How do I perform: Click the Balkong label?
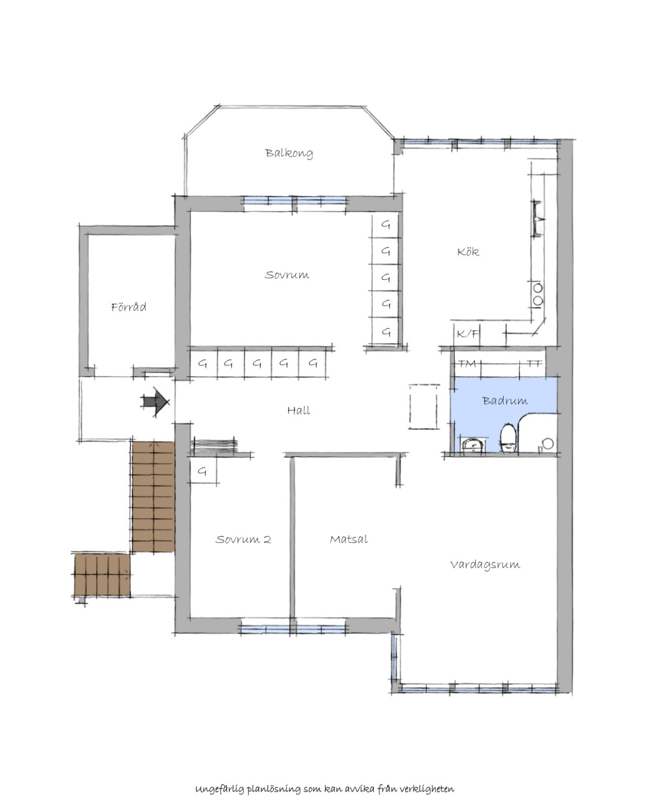pos(289,153)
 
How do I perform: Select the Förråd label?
pos(129,307)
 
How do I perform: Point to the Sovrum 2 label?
pos(243,540)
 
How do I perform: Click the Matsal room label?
pos(348,539)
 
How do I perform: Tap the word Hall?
pos(299,410)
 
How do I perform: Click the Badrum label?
pos(505,400)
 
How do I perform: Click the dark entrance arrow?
pos(155,401)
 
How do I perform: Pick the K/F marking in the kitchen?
pos(467,333)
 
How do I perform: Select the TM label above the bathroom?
pos(467,363)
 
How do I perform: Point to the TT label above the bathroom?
pos(534,363)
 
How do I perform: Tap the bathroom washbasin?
pos(473,445)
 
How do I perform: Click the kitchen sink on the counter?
pos(538,219)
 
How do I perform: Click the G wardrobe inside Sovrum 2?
pos(203,470)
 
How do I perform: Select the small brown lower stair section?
pos(102,575)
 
